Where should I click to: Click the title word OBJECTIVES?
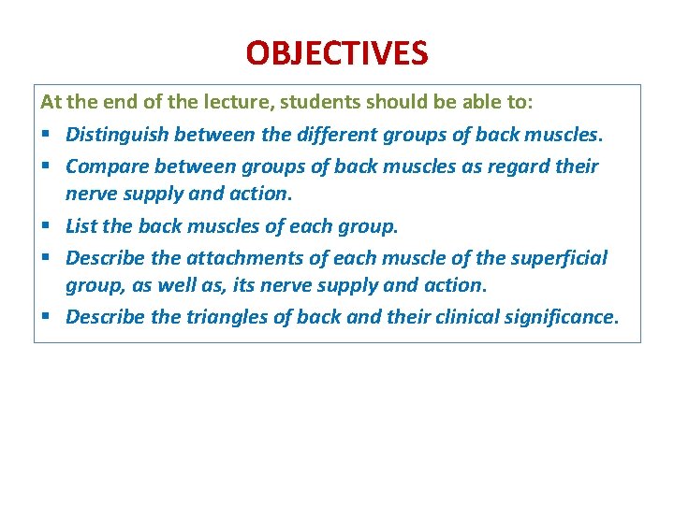pyautogui.click(x=337, y=52)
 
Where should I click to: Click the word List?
pyautogui.click(x=81, y=226)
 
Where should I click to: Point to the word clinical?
pyautogui.click(x=458, y=316)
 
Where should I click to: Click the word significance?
pyautogui.click(x=561, y=316)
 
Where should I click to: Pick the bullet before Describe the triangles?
pyautogui.click(x=46, y=317)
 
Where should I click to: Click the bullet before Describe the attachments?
pyautogui.click(x=46, y=257)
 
